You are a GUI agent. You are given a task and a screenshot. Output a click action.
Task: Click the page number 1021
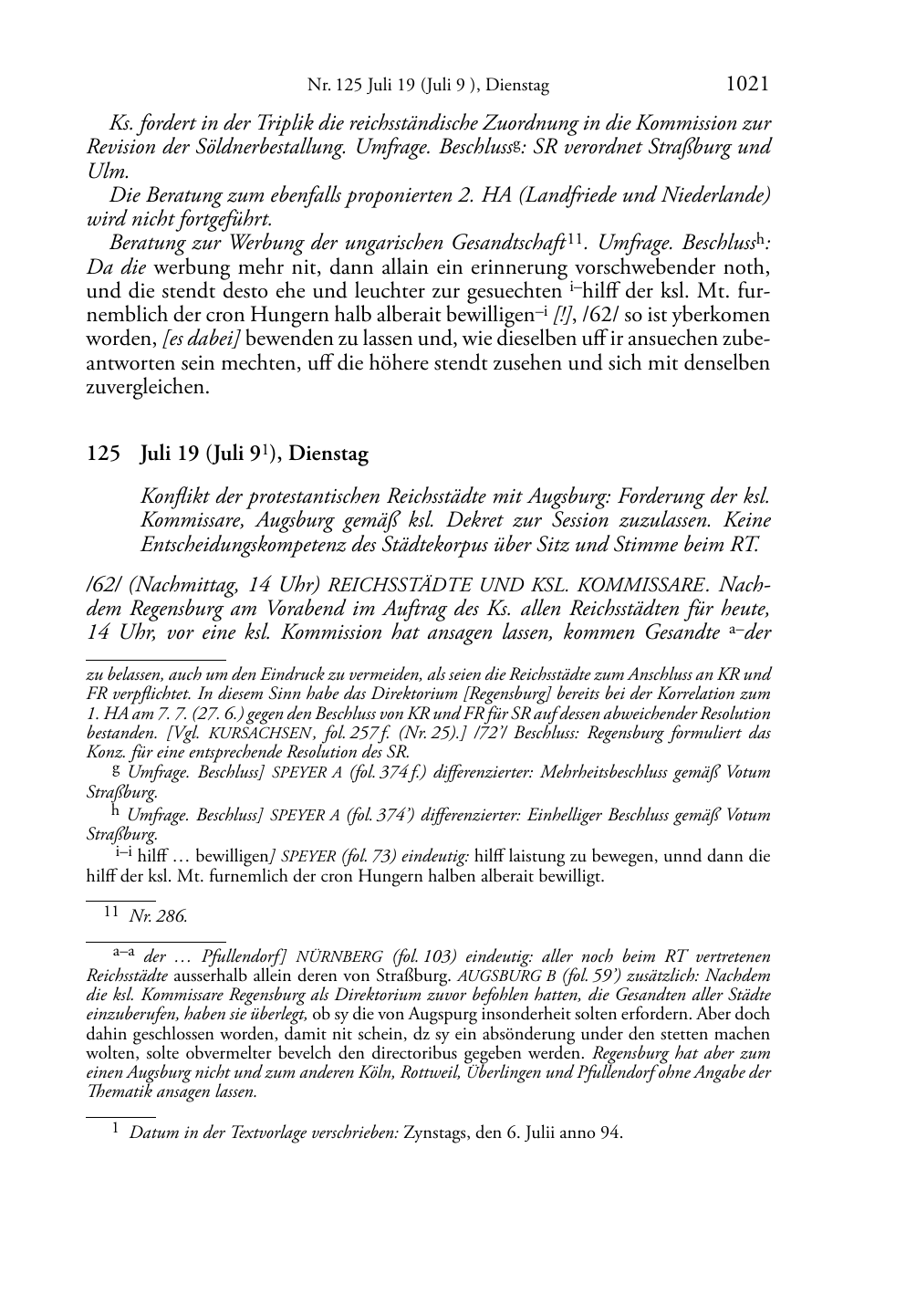pyautogui.click(x=746, y=85)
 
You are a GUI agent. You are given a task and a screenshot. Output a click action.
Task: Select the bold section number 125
pyautogui.click(x=102, y=454)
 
